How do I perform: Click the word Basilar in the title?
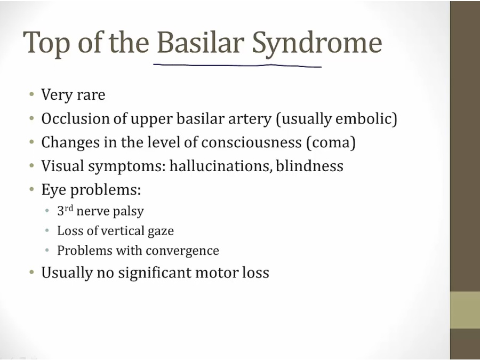pos(201,42)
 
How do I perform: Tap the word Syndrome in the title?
pos(317,45)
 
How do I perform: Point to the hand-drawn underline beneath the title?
pos(237,65)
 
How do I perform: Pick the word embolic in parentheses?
pos(364,118)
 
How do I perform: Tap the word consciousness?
pos(251,142)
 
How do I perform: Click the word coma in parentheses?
pos(331,143)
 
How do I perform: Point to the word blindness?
pos(309,166)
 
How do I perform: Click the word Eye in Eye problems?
pos(53,190)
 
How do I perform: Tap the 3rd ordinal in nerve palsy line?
pos(65,211)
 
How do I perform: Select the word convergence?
pos(182,251)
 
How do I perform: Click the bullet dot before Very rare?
pos(31,94)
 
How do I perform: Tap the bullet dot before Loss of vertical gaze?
pos(47,230)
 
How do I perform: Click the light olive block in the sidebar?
pos(465,310)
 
